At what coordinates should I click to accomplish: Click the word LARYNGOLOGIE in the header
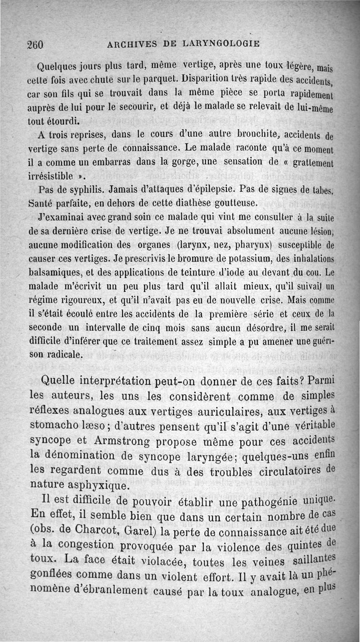coord(221,44)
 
